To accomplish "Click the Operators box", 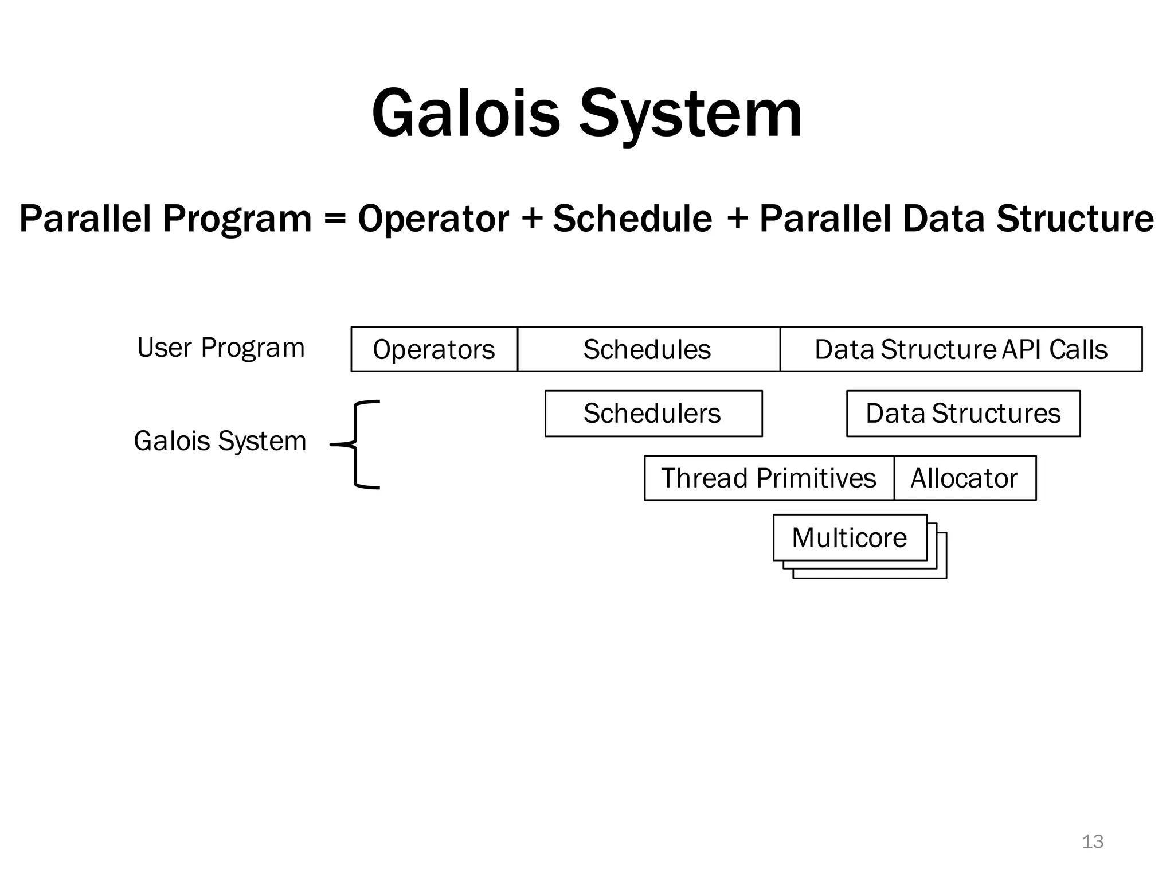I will (x=434, y=349).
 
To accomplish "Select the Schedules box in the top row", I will (x=648, y=349).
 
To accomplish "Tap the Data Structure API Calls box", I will (x=961, y=349).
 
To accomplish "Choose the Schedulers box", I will (x=653, y=414).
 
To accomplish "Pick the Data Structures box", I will (x=963, y=414).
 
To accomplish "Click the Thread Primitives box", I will (x=769, y=478).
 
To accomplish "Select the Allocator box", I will (x=964, y=478).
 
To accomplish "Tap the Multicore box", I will (x=850, y=537).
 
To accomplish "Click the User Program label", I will (x=221, y=348).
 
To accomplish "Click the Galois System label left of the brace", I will (x=220, y=441).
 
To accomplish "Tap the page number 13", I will (x=1092, y=841).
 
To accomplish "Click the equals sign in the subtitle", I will (x=335, y=219).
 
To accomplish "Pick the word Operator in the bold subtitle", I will (x=433, y=219).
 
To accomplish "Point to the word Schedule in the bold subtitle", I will (x=632, y=219).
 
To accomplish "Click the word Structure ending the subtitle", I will (x=1075, y=219).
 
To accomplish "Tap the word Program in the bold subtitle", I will (x=237, y=219).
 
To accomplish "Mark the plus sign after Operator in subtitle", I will (x=533, y=219).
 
